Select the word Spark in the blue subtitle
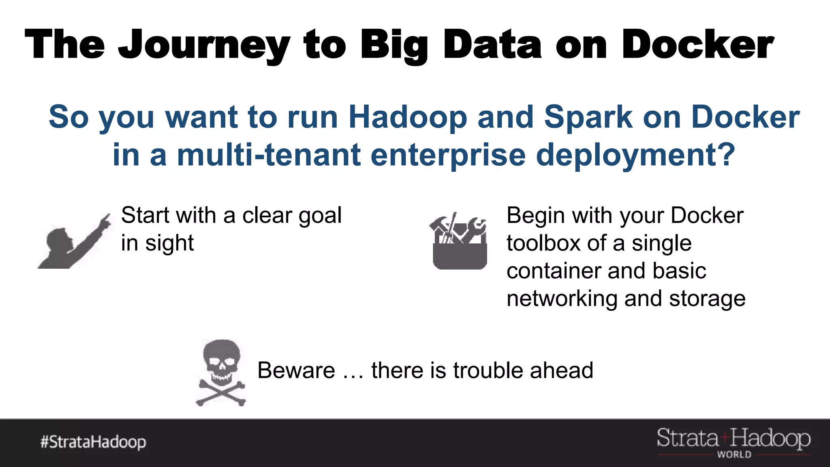tap(588, 117)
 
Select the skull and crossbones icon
tap(221, 373)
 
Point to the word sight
tap(169, 243)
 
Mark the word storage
tap(707, 299)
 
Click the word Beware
tap(296, 371)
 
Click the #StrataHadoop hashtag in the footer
tap(93, 442)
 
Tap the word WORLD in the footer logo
tap(734, 455)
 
